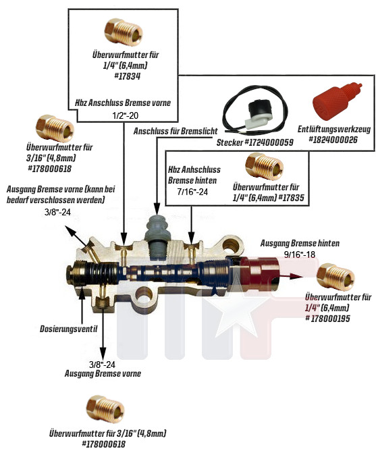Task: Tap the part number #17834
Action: point(127,76)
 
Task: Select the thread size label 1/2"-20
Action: point(126,115)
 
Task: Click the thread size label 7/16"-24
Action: point(192,192)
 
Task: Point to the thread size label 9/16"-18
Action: point(300,255)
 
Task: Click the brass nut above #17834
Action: point(124,32)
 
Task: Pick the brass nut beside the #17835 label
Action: point(264,166)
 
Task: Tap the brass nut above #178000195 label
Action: point(335,277)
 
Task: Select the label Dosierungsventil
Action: point(69,329)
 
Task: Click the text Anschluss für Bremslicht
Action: point(176,131)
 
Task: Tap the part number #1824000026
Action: point(333,140)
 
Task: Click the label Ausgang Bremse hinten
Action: point(300,243)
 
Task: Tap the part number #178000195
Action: point(327,319)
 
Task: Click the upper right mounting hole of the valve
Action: point(232,246)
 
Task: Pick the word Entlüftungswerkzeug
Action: point(334,129)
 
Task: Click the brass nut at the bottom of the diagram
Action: point(105,409)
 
